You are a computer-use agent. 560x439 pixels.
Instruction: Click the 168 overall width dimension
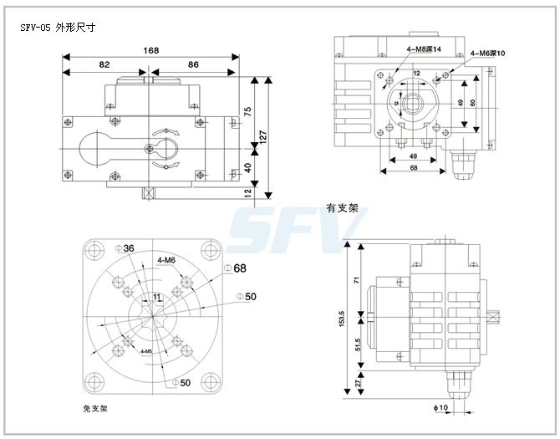click(x=151, y=50)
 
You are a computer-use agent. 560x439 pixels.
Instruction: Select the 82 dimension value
click(x=104, y=64)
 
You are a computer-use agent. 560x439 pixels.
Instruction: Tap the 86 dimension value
click(x=193, y=64)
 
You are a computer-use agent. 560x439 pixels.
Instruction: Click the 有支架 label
click(x=342, y=208)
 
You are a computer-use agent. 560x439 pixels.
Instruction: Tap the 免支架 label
click(x=95, y=409)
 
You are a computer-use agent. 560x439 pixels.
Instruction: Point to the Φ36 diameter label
click(x=128, y=249)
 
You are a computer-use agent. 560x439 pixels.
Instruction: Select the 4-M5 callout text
click(x=145, y=351)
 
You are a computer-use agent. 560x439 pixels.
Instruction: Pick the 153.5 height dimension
click(x=342, y=319)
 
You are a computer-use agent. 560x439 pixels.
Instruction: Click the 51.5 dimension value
click(x=357, y=345)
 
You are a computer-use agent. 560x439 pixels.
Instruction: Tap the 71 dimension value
click(x=357, y=281)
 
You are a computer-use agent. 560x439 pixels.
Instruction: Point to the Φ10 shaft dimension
click(x=442, y=408)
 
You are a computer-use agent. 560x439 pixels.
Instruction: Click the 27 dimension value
click(x=357, y=382)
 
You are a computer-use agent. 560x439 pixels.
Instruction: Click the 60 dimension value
click(x=471, y=103)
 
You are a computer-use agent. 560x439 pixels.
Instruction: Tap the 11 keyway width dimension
click(x=156, y=297)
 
